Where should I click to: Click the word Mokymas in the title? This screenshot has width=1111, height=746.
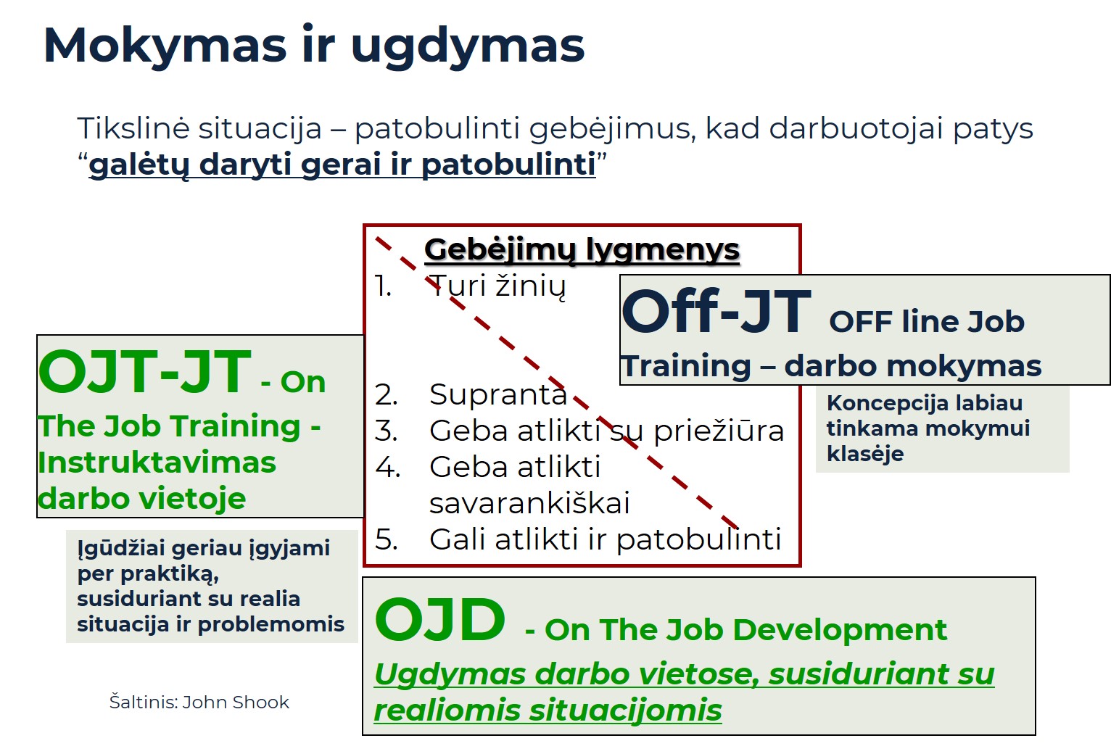tap(165, 46)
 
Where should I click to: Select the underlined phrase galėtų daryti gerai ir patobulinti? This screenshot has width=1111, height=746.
tap(342, 165)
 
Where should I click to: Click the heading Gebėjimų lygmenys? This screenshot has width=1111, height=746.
tap(582, 249)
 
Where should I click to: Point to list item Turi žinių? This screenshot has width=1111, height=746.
tap(497, 286)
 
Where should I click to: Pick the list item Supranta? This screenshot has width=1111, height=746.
tap(497, 394)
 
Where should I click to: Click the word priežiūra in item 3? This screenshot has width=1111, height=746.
tap(718, 431)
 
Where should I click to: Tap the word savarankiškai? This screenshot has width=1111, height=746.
tap(529, 503)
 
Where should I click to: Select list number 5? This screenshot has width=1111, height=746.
tap(385, 539)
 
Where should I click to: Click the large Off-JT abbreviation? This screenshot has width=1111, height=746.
tap(716, 312)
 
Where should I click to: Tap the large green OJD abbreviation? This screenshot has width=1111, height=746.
tap(439, 621)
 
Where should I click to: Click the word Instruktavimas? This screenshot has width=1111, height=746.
tap(157, 463)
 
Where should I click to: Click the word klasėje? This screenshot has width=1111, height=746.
tap(864, 455)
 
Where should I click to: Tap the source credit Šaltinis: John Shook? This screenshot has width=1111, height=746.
tap(199, 702)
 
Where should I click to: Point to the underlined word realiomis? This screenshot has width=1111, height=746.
tap(447, 710)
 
